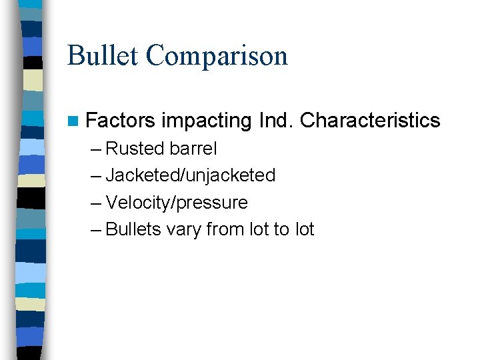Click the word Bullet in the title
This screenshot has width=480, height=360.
[103, 55]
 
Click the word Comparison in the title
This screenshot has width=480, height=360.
[217, 57]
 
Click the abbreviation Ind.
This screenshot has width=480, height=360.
[275, 121]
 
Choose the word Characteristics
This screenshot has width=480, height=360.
[370, 121]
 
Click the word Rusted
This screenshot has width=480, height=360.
[135, 148]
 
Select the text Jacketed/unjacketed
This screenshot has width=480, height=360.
[191, 175]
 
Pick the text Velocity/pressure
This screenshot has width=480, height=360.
[177, 203]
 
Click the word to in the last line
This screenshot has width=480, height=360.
[281, 229]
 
